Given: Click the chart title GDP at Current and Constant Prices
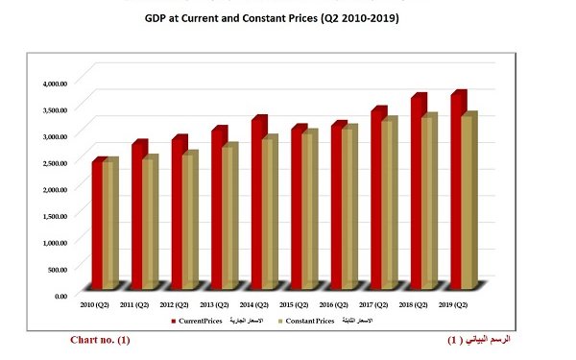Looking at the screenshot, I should click(286, 17).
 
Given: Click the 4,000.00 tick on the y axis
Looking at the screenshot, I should click(55, 84).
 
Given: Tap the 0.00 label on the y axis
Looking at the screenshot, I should click(60, 296).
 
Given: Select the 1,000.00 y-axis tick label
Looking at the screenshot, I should click(55, 243).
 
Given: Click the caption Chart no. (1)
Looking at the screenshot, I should click(100, 341).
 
